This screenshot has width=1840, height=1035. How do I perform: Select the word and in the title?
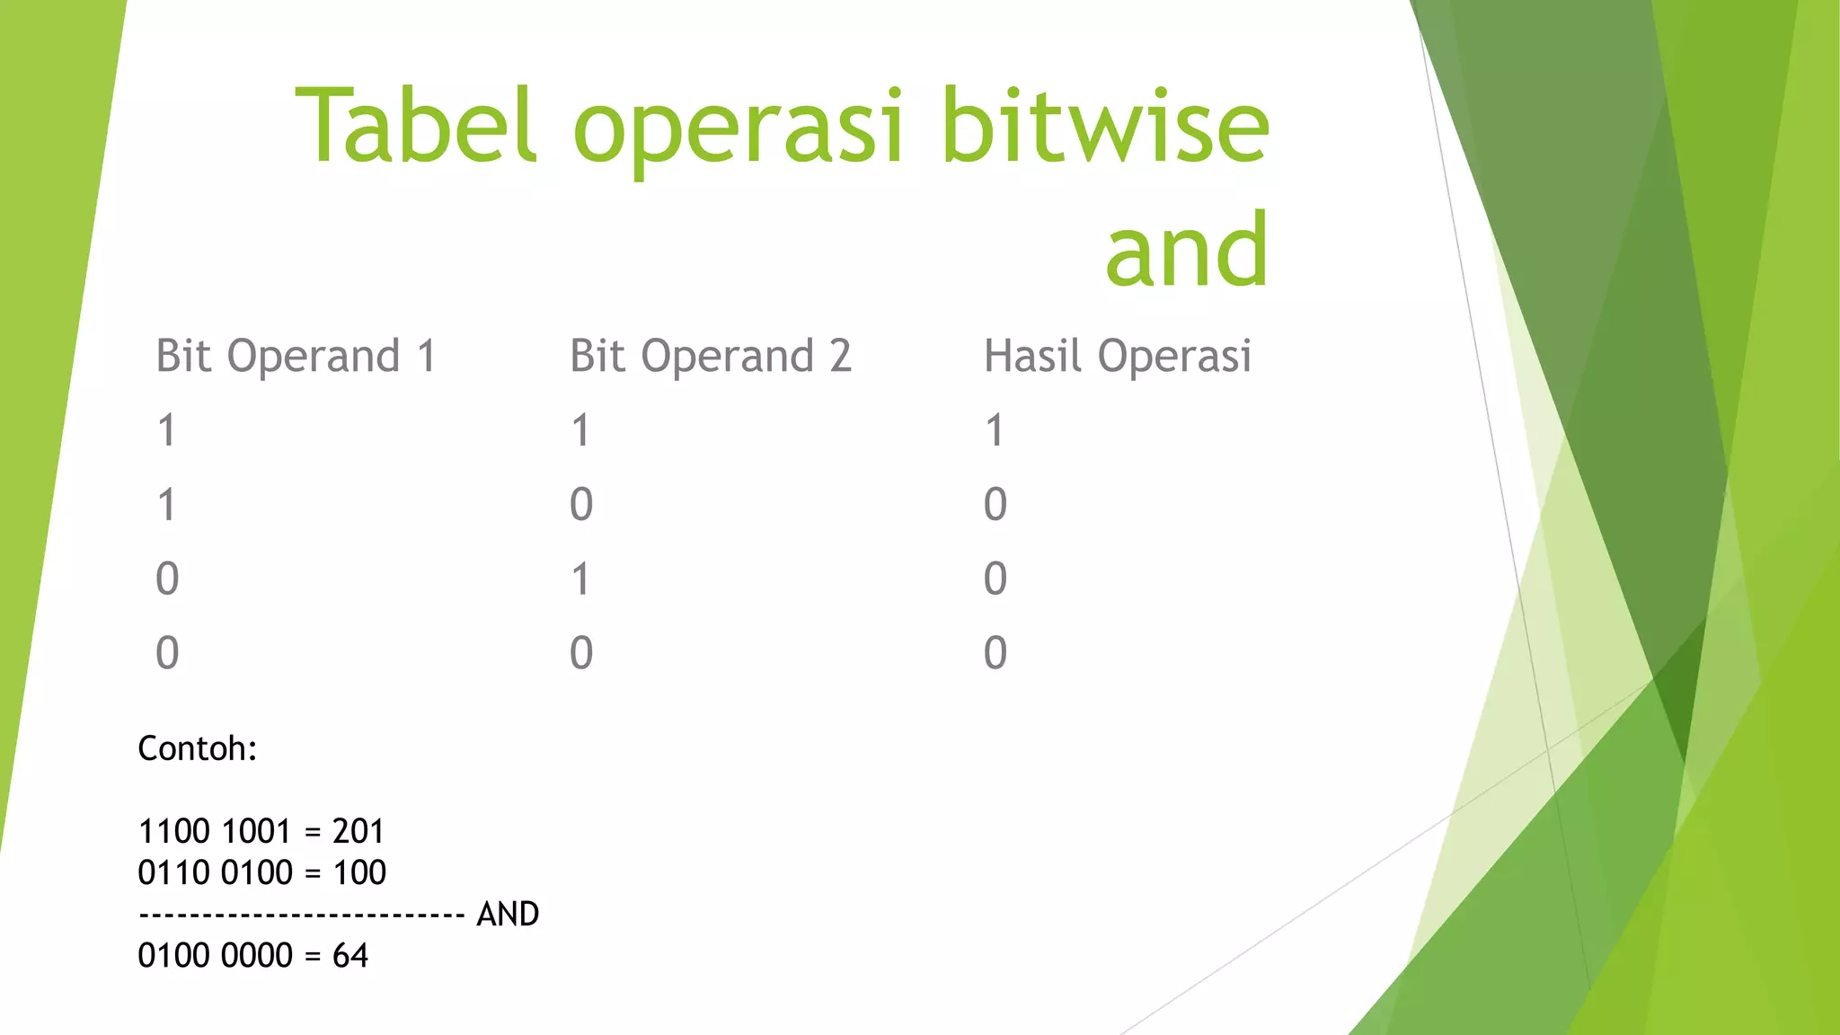point(1187,249)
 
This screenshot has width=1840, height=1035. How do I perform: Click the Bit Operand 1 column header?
point(296,356)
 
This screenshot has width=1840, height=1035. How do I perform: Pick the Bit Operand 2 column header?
point(710,356)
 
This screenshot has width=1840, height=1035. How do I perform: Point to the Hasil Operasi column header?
point(1117,356)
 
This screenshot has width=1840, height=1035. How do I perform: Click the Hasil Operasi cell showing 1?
point(994,430)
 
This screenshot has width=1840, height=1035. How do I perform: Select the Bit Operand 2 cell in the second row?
point(581,505)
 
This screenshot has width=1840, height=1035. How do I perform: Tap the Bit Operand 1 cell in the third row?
point(167,579)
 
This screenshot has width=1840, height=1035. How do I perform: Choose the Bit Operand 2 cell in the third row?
point(581,579)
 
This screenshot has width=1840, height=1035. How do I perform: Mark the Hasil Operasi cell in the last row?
point(995,653)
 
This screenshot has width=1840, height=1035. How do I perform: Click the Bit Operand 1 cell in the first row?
point(167,430)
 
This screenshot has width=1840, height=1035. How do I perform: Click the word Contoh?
point(197,748)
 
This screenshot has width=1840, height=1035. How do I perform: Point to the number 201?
point(358,832)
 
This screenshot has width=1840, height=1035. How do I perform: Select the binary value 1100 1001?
point(214,832)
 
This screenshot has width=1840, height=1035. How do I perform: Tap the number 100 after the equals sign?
point(359,872)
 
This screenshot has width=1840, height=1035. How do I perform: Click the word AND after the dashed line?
point(508,914)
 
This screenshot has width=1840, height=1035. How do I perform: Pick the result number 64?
point(349,956)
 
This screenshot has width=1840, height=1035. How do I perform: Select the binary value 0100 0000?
point(215,956)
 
